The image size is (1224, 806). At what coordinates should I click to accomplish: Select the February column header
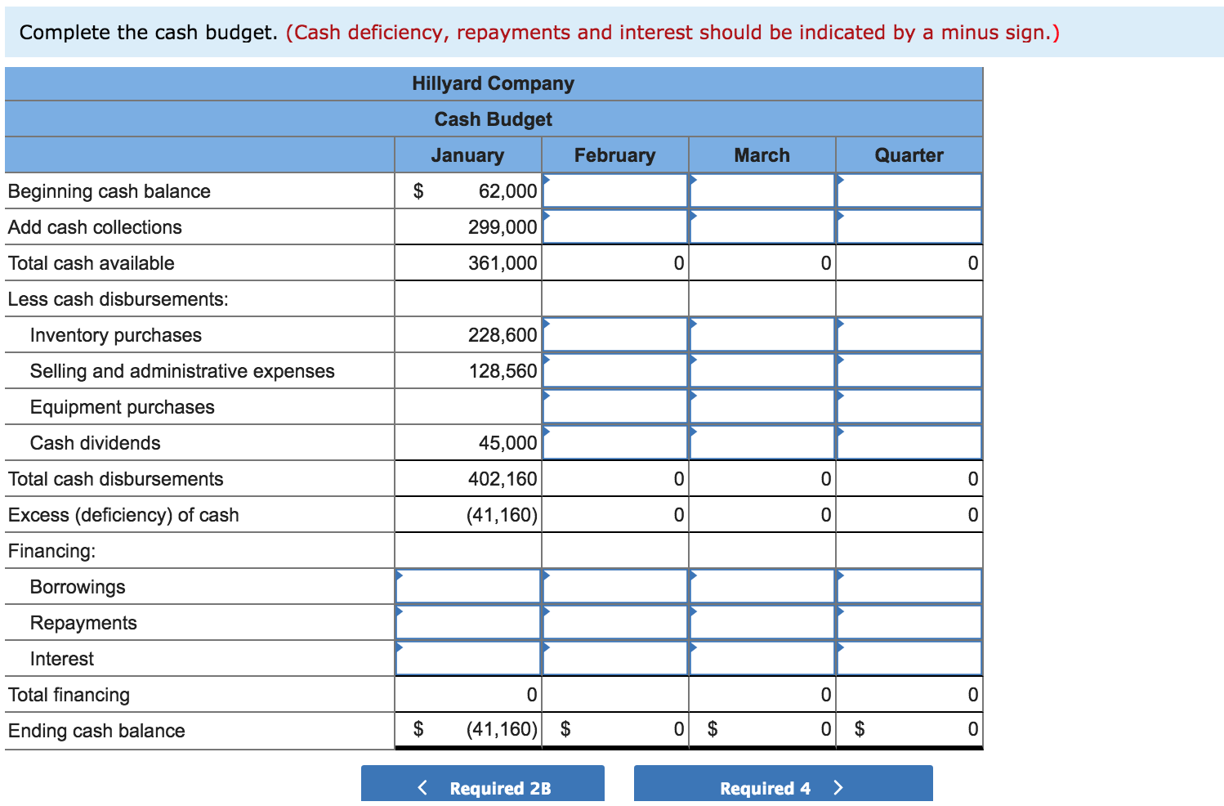[614, 155]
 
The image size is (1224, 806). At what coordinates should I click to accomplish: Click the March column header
[762, 155]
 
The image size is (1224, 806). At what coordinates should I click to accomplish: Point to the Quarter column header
[909, 155]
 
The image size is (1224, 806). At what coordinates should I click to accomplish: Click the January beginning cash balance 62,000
[507, 191]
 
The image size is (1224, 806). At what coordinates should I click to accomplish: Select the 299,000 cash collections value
[503, 227]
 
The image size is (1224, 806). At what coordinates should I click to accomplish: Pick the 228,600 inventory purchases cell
[503, 335]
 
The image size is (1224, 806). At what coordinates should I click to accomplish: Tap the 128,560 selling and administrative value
[503, 371]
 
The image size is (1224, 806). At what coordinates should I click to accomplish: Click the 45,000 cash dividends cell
[507, 443]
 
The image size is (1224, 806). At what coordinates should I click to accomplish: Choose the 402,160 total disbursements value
[503, 479]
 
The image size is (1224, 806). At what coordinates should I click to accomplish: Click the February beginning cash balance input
[615, 191]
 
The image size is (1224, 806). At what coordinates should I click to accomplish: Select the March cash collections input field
[762, 227]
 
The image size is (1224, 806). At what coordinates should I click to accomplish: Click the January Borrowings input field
[468, 587]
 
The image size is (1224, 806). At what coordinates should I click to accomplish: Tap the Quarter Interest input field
[909, 659]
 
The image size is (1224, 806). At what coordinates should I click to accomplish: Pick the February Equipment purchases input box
[615, 407]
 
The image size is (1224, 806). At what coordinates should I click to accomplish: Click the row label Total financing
[69, 695]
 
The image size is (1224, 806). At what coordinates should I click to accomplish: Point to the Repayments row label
[83, 623]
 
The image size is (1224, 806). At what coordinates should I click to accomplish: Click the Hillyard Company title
[493, 83]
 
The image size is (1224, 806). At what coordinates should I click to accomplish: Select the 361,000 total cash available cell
[503, 263]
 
